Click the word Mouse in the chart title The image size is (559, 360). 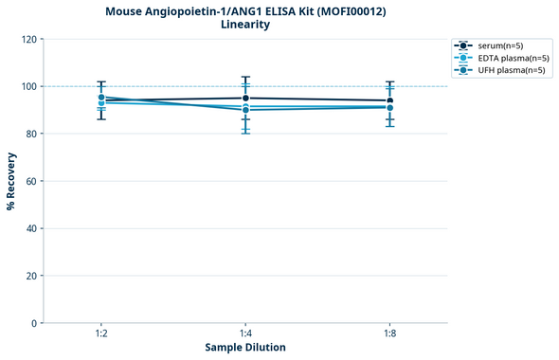[x=125, y=10]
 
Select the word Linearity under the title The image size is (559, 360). [x=244, y=25]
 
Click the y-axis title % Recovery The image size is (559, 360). [x=11, y=180]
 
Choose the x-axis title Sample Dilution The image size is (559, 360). [x=245, y=348]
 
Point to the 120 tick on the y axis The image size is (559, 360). [x=28, y=40]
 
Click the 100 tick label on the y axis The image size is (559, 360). [x=28, y=87]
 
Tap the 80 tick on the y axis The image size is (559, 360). [x=31, y=135]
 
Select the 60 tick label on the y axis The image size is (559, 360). [x=31, y=181]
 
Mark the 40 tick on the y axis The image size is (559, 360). [x=31, y=228]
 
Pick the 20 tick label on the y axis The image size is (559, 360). [x=31, y=276]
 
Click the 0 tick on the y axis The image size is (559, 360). [x=34, y=323]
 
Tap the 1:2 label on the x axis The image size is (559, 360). [x=100, y=334]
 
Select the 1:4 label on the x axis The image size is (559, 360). [x=245, y=334]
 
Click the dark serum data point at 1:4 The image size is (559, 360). [x=245, y=98]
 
